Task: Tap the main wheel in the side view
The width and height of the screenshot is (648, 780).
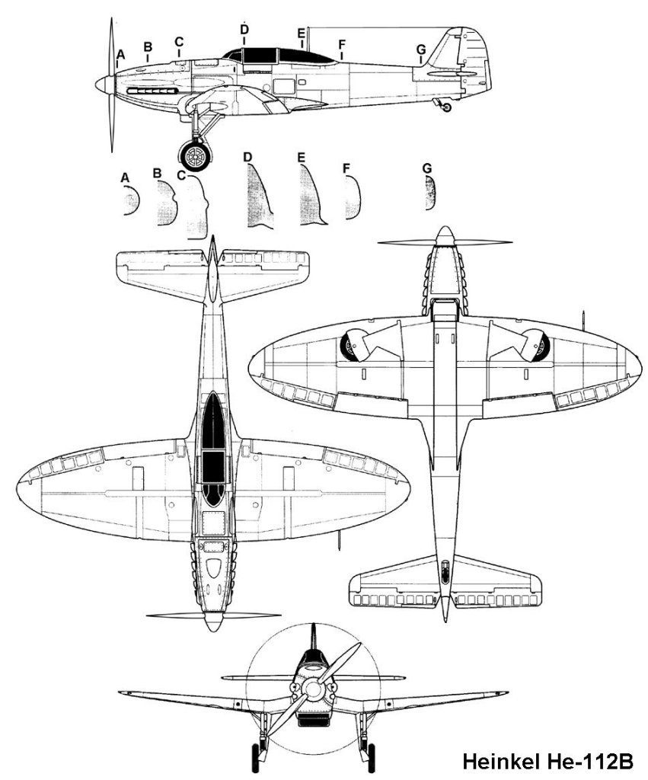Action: coord(194,155)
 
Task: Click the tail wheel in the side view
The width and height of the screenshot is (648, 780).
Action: coord(446,107)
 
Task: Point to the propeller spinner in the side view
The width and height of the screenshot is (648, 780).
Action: coord(105,85)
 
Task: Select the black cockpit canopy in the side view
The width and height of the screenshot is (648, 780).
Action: coord(279,56)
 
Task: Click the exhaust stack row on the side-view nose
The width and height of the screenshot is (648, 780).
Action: coord(153,91)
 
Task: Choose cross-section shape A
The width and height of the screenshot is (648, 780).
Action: coord(131,200)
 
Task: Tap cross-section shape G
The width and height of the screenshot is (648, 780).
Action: coord(431,193)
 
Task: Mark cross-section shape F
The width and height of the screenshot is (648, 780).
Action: coord(353,197)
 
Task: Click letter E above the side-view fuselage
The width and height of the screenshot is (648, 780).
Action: coord(301,34)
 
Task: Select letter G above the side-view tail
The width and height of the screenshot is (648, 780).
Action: coord(421,50)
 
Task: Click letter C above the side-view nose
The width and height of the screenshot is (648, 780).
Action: coord(179,42)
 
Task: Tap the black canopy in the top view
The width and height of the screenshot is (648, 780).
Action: coord(214,449)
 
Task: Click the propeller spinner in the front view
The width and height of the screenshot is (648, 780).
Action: coord(313,689)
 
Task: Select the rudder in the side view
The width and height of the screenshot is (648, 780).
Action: coord(475,59)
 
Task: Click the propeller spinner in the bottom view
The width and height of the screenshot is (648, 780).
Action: coord(445,236)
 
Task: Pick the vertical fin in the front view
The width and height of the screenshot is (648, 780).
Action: coord(313,637)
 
